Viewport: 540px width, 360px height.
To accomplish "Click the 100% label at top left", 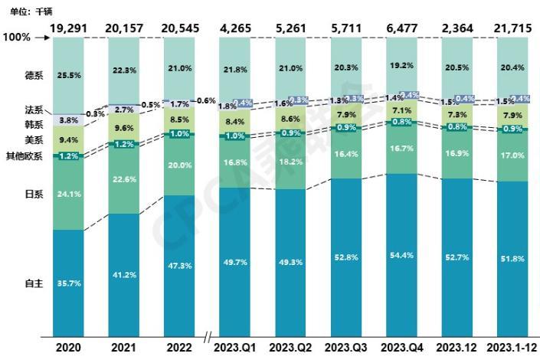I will [16, 36].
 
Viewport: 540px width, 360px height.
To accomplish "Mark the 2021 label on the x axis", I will [123, 346].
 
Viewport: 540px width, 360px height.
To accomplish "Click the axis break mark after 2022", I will [208, 337].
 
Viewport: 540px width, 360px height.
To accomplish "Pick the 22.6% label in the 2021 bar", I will [123, 181].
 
